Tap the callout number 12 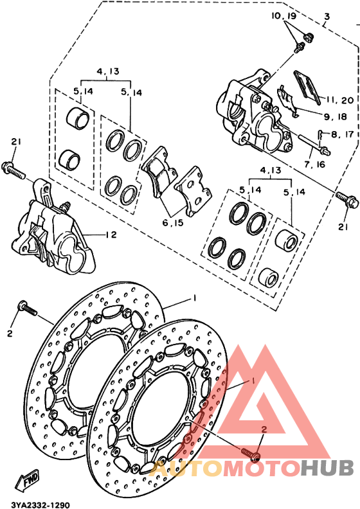click(111, 234)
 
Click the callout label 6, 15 click(173, 222)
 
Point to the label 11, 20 click(339, 100)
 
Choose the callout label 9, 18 click(336, 116)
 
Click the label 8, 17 click(342, 134)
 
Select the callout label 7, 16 click(314, 165)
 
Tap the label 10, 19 click(284, 16)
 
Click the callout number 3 click(327, 16)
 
